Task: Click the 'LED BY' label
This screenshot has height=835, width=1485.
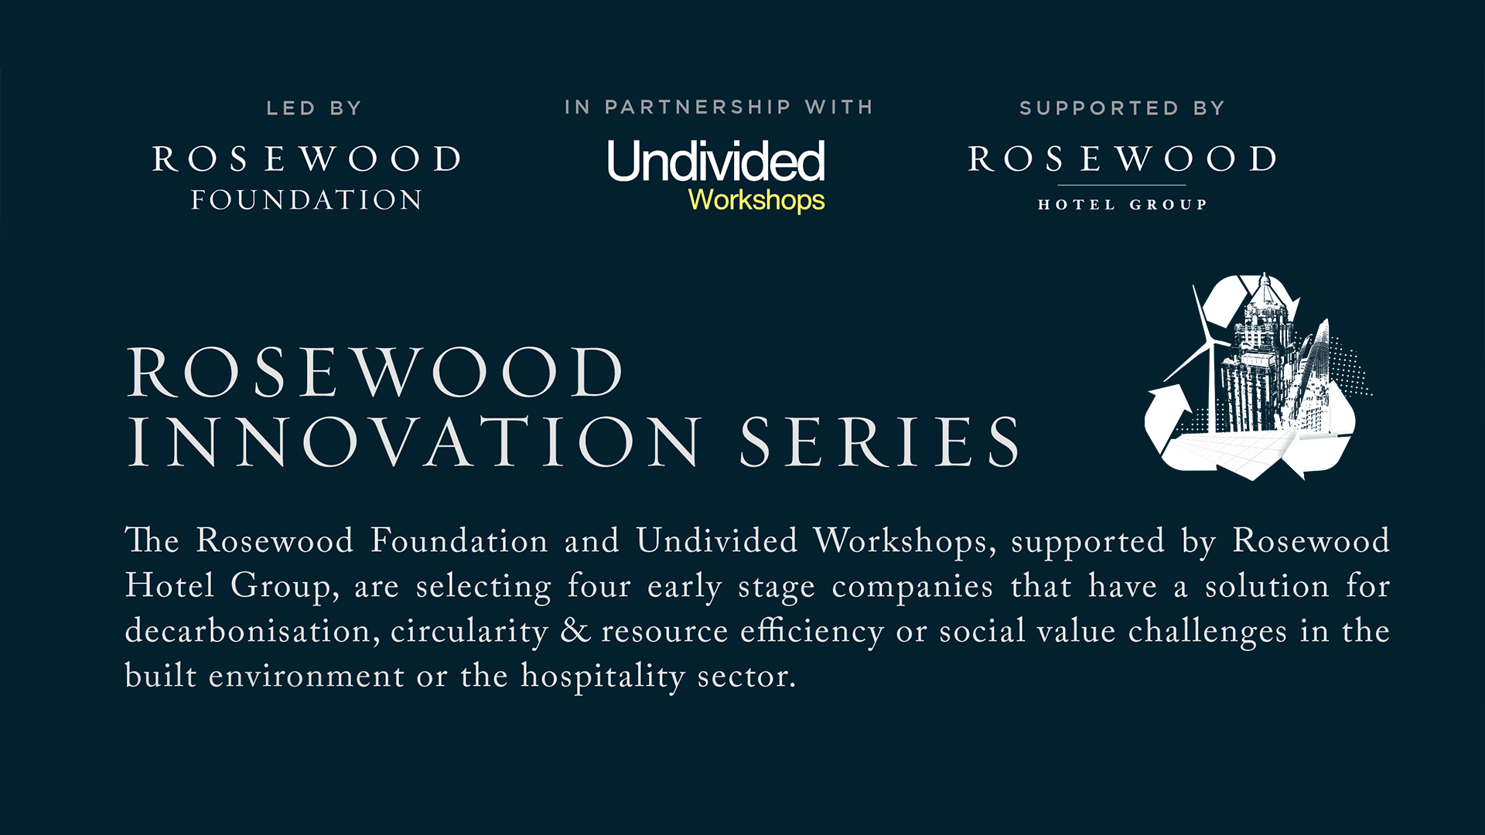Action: pos(314,108)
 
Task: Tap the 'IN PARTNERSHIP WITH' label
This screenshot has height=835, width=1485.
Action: pos(719,107)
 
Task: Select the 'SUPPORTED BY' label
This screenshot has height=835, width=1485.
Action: pos(1122,108)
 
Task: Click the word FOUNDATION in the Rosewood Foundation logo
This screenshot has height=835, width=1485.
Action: pos(307,200)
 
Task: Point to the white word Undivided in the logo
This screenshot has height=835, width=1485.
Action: pos(716,162)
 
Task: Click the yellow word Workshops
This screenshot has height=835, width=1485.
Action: pos(756,200)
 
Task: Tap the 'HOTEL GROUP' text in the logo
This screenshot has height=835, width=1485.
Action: pos(1122,205)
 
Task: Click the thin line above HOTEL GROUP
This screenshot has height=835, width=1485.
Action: pos(1121,186)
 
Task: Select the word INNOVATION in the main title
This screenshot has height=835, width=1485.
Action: pos(415,442)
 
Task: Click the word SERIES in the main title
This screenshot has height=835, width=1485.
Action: pos(880,442)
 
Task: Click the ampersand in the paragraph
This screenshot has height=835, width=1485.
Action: pos(575,631)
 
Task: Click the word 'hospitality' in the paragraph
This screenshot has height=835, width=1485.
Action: pos(603,677)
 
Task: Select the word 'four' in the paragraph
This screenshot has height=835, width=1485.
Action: pos(599,586)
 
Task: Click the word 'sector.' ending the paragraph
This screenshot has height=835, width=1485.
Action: pos(746,677)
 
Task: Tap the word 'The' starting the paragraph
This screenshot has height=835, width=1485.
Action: pos(152,540)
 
